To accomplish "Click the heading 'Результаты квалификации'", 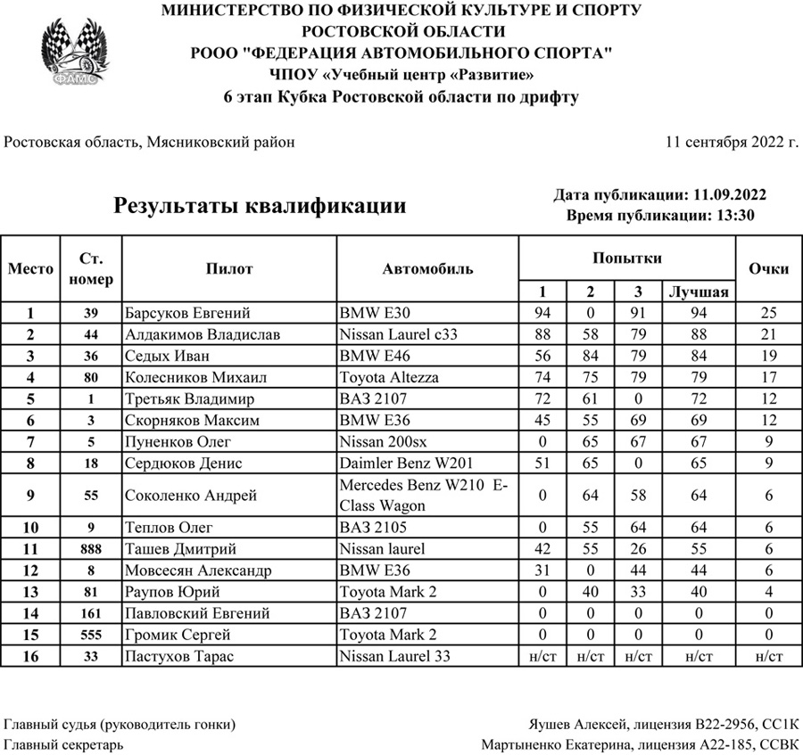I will [260, 206].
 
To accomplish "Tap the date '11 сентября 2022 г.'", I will [732, 142].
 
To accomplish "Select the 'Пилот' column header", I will [229, 268].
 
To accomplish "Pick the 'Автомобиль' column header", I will [428, 268].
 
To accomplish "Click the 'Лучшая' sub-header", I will [698, 292].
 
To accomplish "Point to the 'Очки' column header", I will [768, 268].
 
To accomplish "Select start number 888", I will [91, 549].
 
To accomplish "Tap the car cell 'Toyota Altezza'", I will [389, 377].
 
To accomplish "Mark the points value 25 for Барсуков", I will [768, 313].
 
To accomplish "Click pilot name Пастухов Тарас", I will [181, 657].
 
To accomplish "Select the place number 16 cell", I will [30, 657].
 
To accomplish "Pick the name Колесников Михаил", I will [195, 377].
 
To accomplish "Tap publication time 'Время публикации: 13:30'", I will [660, 215].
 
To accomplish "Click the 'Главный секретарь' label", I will [64, 744].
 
